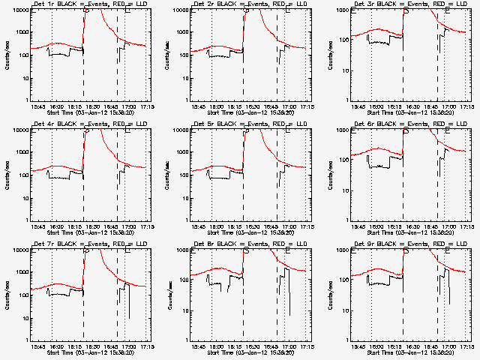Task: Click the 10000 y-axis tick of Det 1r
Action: tap(19, 10)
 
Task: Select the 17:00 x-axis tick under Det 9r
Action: tap(448, 347)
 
